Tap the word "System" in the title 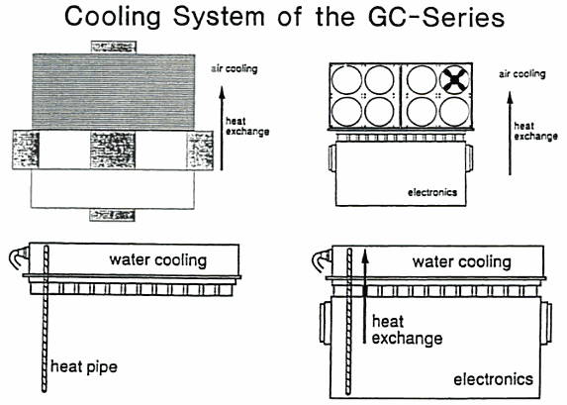[219, 18]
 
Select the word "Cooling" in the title [113, 18]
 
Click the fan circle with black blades [454, 79]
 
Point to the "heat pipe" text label [84, 367]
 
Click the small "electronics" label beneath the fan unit [432, 192]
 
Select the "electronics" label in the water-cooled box [493, 379]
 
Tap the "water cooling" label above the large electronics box [462, 262]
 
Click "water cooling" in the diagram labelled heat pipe [158, 260]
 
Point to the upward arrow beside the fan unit [510, 134]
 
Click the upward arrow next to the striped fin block [222, 129]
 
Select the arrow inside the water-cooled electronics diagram [365, 296]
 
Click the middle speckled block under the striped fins [113, 151]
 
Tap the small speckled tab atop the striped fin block [114, 48]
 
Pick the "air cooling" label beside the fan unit [522, 74]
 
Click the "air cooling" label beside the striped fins [235, 68]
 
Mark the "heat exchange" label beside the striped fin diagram [247, 127]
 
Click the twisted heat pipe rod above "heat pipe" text [45, 318]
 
